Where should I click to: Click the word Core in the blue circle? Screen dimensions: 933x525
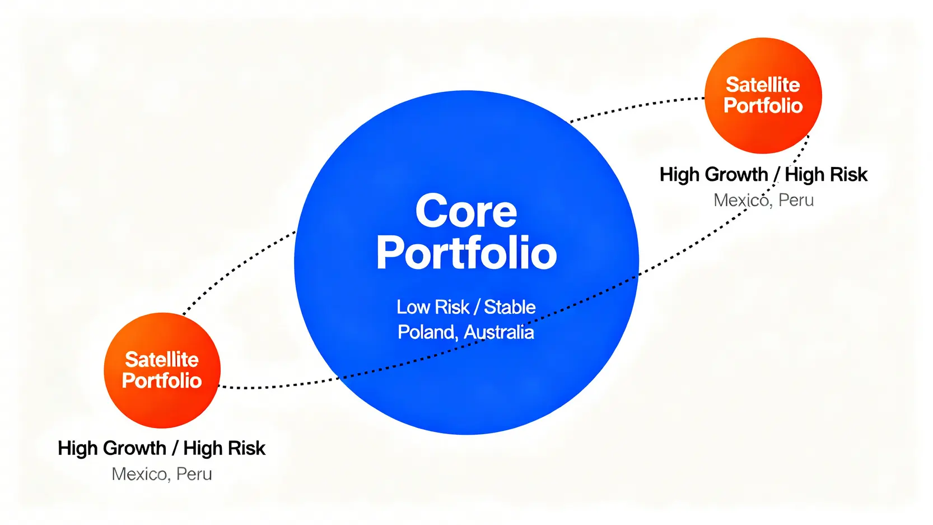[x=466, y=211]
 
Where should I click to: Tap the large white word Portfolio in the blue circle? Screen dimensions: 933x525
[x=467, y=253]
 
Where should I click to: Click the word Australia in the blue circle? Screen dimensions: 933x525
[x=499, y=332]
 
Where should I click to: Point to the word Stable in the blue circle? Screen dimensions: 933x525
[x=510, y=307]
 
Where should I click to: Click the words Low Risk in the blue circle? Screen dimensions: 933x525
[x=433, y=307]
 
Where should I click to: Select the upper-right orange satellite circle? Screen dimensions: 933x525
[x=763, y=95]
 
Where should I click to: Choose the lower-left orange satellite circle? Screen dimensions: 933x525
[x=162, y=370]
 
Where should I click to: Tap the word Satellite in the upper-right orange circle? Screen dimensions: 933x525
[x=763, y=85]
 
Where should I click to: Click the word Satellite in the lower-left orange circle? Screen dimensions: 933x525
[x=162, y=359]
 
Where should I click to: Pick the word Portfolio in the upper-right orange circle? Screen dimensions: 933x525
[x=763, y=105]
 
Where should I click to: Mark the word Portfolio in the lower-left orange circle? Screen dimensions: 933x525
[x=162, y=380]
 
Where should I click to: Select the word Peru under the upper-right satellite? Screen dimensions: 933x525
[x=796, y=200]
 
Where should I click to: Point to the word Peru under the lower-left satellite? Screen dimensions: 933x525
[x=194, y=474]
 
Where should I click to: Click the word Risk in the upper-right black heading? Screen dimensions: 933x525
[x=849, y=174]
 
